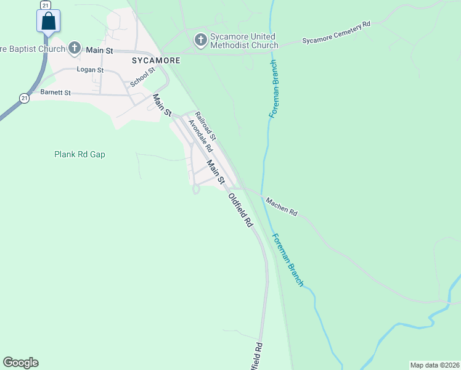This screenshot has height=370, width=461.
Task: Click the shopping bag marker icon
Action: coord(48,22)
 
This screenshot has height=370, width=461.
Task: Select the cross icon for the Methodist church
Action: coord(200,41)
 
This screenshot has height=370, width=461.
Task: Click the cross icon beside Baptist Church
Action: coord(75,48)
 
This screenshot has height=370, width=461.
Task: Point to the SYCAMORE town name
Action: coord(156,61)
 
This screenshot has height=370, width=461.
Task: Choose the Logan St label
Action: coord(90,70)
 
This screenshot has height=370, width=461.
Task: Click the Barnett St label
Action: coord(56,92)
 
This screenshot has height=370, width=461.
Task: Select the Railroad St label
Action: coord(205,125)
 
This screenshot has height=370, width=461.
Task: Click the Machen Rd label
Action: coord(282,206)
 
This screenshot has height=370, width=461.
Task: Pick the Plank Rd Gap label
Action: coord(80,154)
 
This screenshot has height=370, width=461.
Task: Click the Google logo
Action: coord(20,363)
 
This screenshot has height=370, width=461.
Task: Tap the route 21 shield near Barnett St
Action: coord(23,98)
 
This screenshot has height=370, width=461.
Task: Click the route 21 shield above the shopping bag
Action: coord(45,4)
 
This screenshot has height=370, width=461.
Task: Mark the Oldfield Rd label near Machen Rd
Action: coord(241,211)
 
